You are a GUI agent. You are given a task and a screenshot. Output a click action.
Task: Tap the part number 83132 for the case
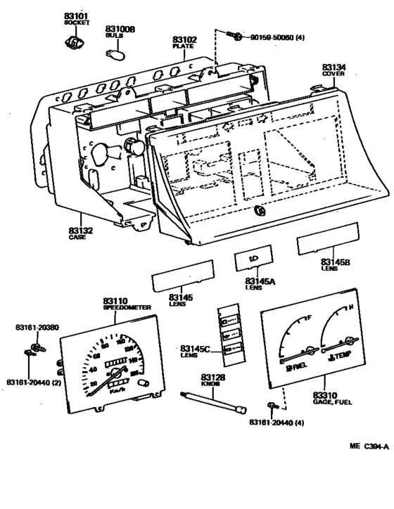[x=80, y=231]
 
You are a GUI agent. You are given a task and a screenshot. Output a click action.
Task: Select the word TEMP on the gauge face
[x=345, y=358]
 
